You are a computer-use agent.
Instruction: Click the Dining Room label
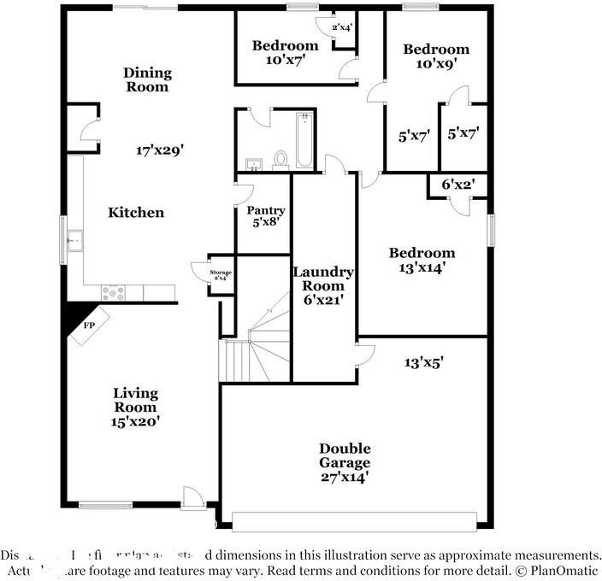point(147,79)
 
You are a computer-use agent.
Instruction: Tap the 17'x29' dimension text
point(160,150)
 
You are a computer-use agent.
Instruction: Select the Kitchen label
point(136,212)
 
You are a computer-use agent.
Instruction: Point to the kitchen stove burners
point(113,292)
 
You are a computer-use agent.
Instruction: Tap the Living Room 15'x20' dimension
point(136,420)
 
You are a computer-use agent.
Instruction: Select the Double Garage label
point(345,462)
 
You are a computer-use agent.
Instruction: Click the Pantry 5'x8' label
point(265,215)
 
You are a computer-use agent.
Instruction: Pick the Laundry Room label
point(323,285)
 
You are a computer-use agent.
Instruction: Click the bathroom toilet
point(280,159)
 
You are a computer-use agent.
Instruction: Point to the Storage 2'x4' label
point(221,275)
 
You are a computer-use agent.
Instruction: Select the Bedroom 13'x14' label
point(422,259)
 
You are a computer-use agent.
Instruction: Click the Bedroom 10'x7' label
point(285,52)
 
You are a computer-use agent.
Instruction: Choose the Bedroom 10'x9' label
point(436,56)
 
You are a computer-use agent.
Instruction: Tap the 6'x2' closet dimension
point(457,184)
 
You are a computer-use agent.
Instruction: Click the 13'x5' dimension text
point(423,362)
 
